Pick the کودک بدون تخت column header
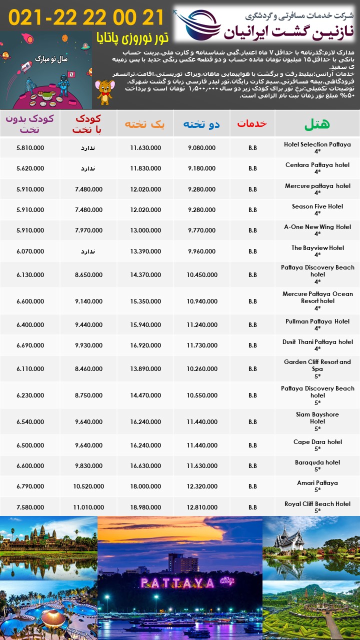30,123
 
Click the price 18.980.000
145,506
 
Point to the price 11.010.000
88,506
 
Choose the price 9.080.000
201,148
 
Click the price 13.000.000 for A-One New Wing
145,230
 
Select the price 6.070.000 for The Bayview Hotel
30,251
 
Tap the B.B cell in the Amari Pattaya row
252,486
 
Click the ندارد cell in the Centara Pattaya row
88,168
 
